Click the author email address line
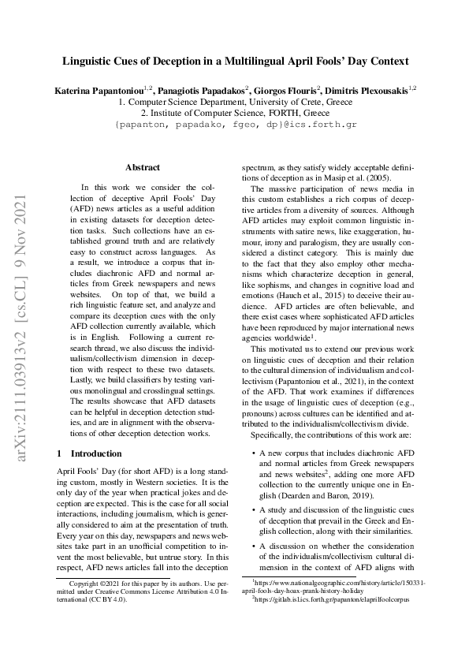tap(236, 125)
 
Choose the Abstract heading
tap(143, 167)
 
